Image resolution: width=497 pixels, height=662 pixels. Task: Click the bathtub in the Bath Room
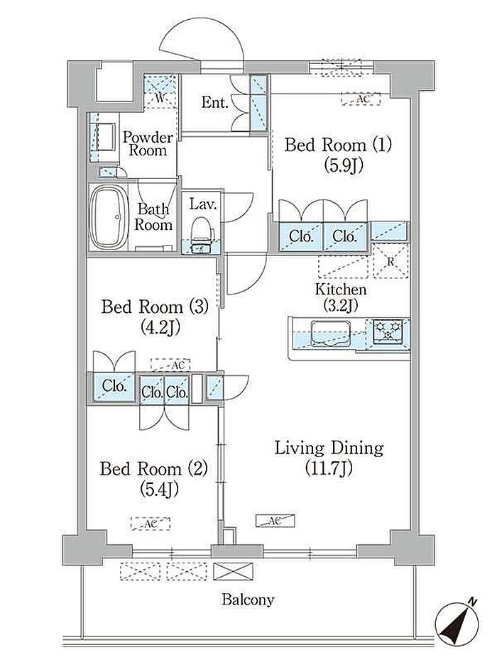109,218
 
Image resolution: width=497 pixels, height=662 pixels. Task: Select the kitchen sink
329,333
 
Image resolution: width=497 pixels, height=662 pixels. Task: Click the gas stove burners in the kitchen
388,331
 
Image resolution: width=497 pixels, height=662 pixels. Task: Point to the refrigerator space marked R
390,261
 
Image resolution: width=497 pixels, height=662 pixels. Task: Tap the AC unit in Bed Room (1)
361,99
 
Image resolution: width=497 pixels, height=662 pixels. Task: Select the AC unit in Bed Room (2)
151,524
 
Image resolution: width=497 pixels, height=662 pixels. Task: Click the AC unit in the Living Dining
275,521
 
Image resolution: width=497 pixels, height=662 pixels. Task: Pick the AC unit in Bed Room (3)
170,365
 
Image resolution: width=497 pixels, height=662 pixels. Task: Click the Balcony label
248,600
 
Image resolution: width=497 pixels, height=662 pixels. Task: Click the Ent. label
214,102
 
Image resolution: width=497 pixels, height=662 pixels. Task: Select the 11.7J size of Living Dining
329,468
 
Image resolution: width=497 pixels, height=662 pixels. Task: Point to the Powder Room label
148,144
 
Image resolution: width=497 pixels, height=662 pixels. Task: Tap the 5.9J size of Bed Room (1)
344,165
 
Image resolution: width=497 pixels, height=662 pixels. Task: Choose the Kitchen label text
341,289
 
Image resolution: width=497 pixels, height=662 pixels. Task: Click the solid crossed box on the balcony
234,571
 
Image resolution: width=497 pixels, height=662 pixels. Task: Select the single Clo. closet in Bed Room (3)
114,386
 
